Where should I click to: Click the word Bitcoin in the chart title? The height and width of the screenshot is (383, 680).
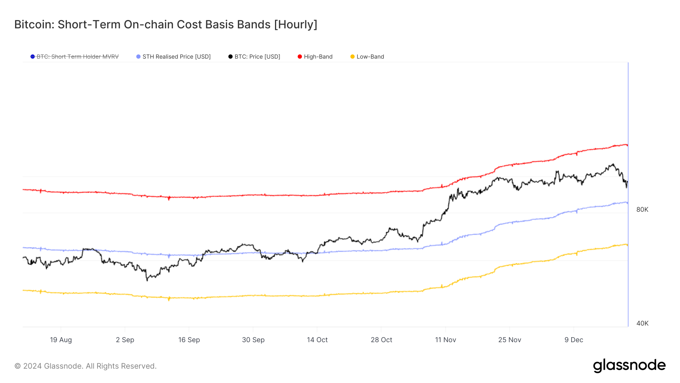pyautogui.click(x=34, y=25)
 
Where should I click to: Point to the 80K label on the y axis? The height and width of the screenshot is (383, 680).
pyautogui.click(x=642, y=209)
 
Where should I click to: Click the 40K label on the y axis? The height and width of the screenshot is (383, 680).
pyautogui.click(x=642, y=323)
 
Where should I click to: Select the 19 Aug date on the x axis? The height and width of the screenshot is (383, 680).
pyautogui.click(x=61, y=340)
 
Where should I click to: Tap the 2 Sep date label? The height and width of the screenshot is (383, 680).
pyautogui.click(x=125, y=340)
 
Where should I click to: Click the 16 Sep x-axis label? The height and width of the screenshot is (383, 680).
pyautogui.click(x=189, y=340)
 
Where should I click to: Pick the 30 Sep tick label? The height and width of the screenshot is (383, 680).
pyautogui.click(x=253, y=340)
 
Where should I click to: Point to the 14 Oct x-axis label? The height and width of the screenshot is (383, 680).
pyautogui.click(x=317, y=340)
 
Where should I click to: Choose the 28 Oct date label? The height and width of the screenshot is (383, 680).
pyautogui.click(x=381, y=340)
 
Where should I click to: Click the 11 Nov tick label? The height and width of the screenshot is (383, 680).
pyautogui.click(x=445, y=340)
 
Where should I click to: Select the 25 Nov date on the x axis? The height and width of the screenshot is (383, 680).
pyautogui.click(x=510, y=340)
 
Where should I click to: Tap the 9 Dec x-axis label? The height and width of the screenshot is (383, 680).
pyautogui.click(x=573, y=340)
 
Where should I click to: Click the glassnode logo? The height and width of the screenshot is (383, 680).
pyautogui.click(x=629, y=366)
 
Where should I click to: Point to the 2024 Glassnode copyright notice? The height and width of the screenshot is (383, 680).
pyautogui.click(x=85, y=366)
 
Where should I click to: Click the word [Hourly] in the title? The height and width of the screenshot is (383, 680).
pyautogui.click(x=295, y=25)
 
